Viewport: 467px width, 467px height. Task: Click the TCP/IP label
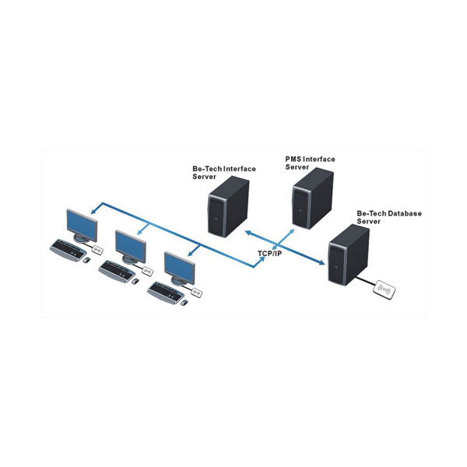point(269,253)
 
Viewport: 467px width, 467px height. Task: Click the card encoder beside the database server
point(387,290)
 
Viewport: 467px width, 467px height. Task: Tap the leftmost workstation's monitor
point(83,226)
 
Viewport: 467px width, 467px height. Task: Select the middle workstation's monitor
point(130,246)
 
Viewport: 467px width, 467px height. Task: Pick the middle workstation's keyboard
point(117,269)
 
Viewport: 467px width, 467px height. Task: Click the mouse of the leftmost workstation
point(86,259)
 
